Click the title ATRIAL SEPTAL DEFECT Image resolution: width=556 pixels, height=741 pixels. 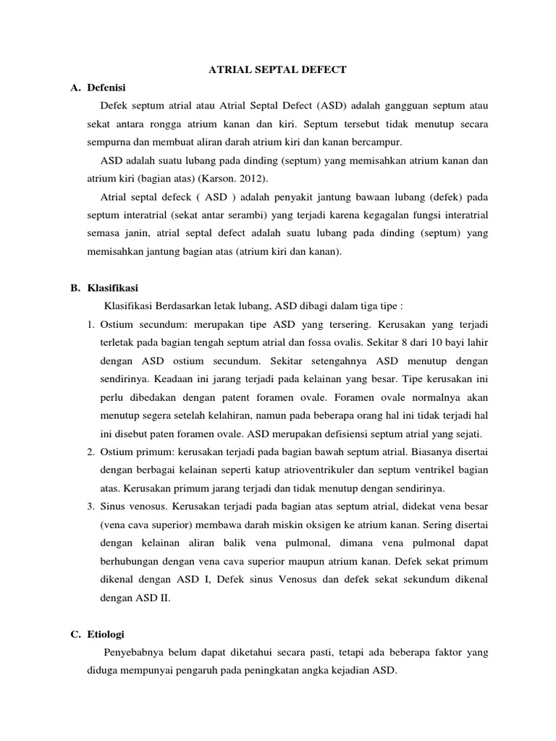pos(277,69)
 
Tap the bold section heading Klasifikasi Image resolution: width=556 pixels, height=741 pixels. pos(112,288)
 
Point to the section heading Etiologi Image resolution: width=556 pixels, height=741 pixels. pos(106,634)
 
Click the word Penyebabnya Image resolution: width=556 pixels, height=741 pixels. pos(137,653)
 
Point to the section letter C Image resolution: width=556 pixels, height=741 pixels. pos(75,634)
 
